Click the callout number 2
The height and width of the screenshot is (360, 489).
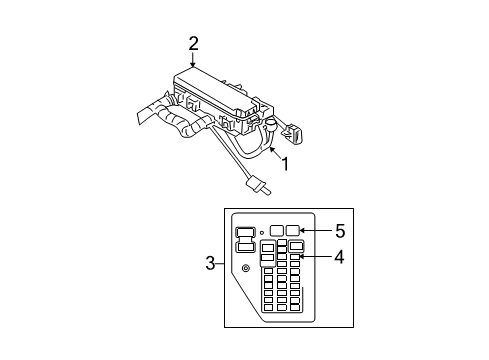point(193,42)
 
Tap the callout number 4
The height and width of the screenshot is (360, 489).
point(339,257)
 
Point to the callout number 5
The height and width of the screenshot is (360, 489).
point(339,229)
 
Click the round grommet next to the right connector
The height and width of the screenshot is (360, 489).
point(269,125)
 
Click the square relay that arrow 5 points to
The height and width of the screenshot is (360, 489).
point(293,230)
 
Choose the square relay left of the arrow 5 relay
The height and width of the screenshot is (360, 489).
point(276,230)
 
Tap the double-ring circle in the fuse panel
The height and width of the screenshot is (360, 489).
point(246,268)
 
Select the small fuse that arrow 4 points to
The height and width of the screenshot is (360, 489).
point(295,258)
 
